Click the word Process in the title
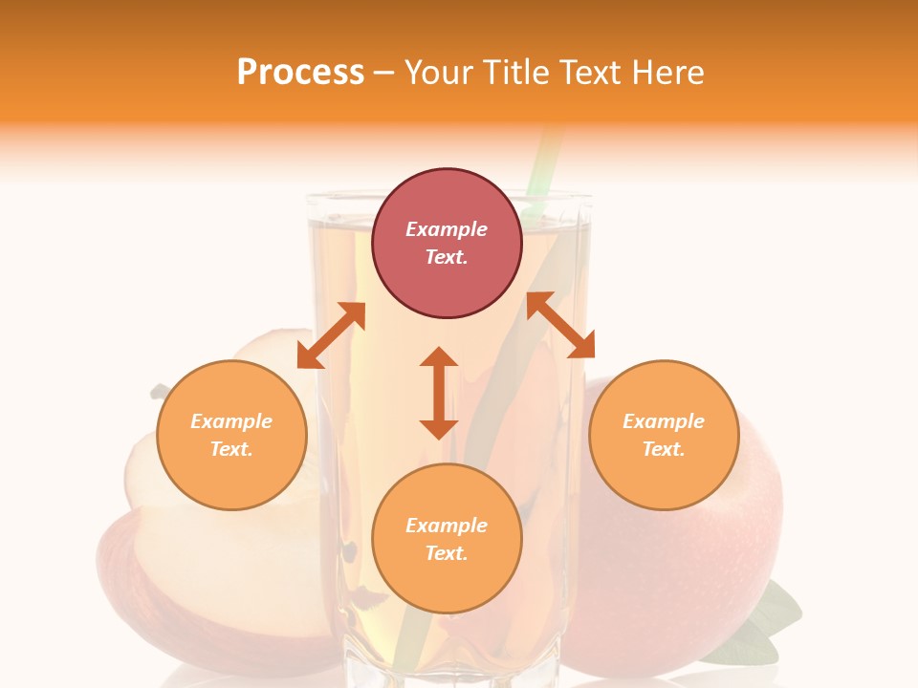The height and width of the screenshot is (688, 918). click(300, 73)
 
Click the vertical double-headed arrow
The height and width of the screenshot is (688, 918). click(439, 393)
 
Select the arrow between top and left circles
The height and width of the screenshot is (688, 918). click(331, 335)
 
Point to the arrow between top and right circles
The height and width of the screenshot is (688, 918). click(561, 325)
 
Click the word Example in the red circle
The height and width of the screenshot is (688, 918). click(447, 229)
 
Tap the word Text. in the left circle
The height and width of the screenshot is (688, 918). click(231, 449)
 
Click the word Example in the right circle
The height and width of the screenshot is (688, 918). click(664, 421)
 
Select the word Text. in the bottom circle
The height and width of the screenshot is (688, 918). click(447, 553)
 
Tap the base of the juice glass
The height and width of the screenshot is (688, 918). click(447, 669)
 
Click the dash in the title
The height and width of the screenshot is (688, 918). click(384, 73)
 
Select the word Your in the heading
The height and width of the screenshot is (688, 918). click(441, 73)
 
